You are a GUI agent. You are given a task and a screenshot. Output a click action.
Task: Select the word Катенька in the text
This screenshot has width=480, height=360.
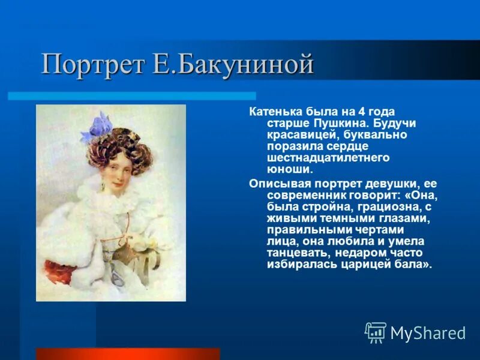[x=274, y=112]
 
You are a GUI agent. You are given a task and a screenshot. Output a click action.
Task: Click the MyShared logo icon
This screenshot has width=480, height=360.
[x=376, y=332]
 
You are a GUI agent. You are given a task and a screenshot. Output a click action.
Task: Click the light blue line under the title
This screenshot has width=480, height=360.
[x=132, y=95]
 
